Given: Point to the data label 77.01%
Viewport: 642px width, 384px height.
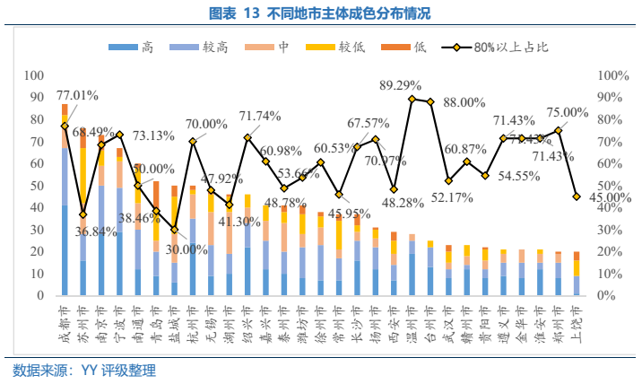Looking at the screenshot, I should click(x=77, y=95).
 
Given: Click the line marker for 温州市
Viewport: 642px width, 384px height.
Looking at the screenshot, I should click(x=412, y=99).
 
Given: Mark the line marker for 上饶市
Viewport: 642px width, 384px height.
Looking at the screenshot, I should click(x=576, y=196).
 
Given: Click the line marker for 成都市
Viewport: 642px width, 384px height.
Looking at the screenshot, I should click(x=65, y=127).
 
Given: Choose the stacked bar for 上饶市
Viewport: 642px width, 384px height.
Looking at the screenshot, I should click(x=576, y=274).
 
